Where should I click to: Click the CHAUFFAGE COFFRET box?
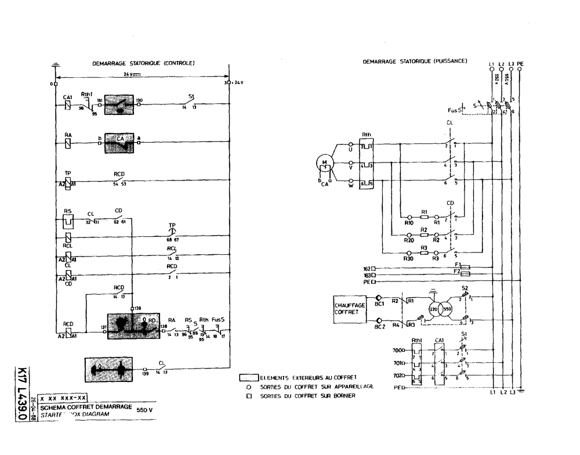click(x=350, y=308)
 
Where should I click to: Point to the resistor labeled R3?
click(x=424, y=252)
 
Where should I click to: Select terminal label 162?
click(x=367, y=269)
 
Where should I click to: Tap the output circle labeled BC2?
click(x=379, y=320)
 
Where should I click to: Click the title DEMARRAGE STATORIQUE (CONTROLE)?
click(x=143, y=63)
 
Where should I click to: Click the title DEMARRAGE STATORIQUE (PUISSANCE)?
click(x=415, y=61)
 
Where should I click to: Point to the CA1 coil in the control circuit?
click(x=68, y=105)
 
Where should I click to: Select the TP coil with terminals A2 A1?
click(x=68, y=183)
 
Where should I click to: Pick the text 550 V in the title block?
click(x=144, y=410)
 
